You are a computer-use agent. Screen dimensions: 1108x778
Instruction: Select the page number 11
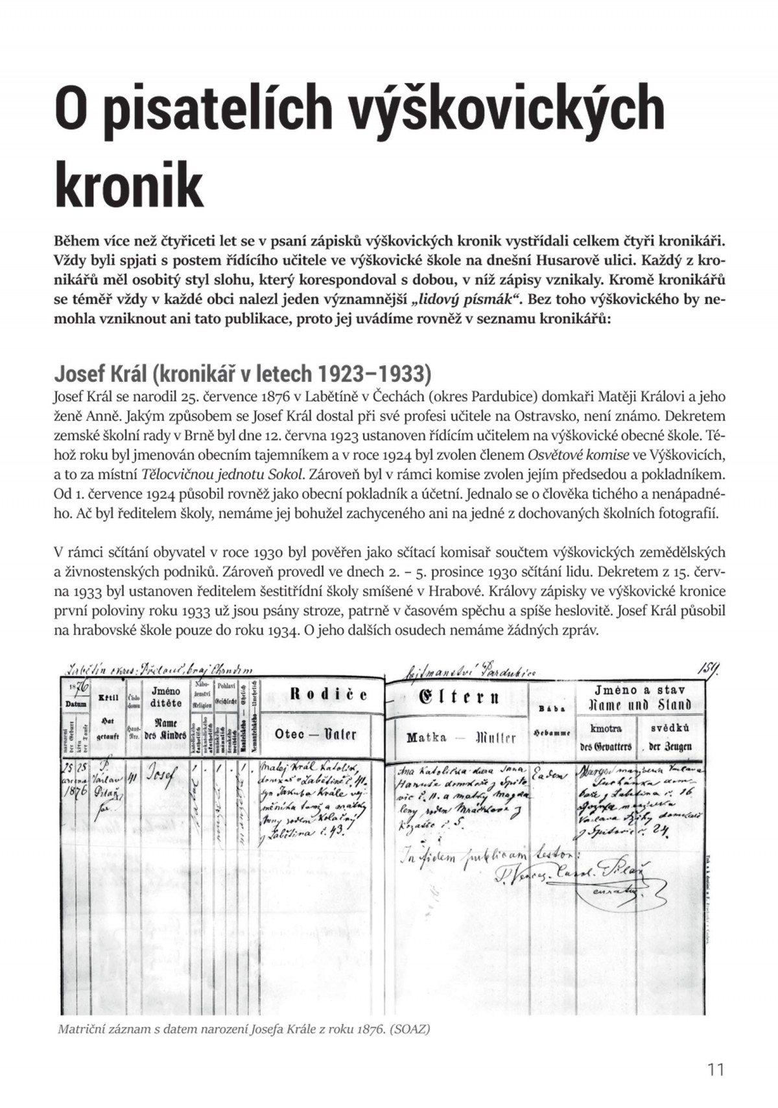point(716,1069)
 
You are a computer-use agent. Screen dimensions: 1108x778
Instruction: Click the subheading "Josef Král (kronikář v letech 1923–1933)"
point(242,374)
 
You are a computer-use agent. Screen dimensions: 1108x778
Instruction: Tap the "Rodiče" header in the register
point(328,695)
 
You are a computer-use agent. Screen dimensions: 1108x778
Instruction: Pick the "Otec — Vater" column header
point(315,734)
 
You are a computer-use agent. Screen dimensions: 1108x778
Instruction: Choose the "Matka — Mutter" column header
point(461,737)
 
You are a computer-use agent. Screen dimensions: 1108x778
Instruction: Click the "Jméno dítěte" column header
point(165,697)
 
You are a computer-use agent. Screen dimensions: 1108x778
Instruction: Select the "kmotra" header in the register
point(606,728)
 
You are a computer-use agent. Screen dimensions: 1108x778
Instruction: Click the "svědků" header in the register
point(670,728)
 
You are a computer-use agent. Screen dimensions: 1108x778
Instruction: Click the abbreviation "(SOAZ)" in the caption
point(410,1029)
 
